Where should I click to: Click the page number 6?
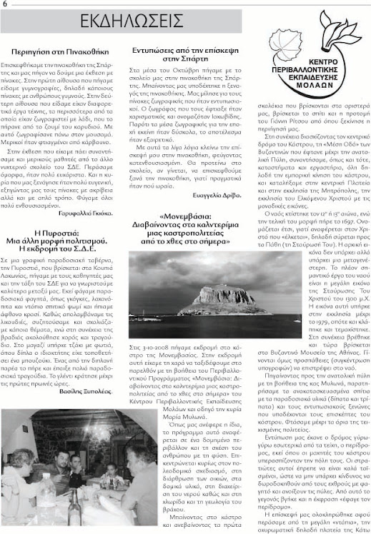(x=5, y=4)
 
